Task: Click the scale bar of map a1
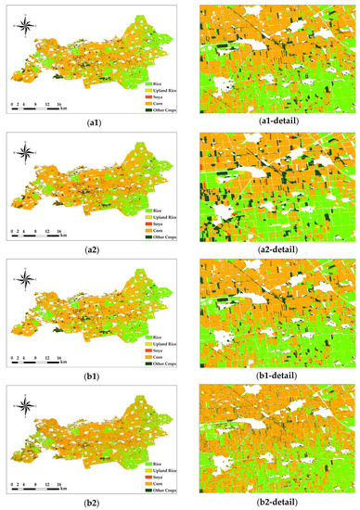[35, 108]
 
